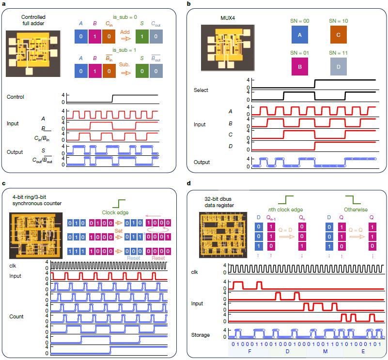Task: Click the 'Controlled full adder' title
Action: pyautogui.click(x=33, y=20)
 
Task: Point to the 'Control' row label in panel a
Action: pyautogui.click(x=16, y=97)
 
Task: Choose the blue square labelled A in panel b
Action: pyautogui.click(x=299, y=35)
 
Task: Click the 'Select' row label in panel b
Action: pyautogui.click(x=202, y=90)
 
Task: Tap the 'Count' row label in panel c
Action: pyautogui.click(x=17, y=316)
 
